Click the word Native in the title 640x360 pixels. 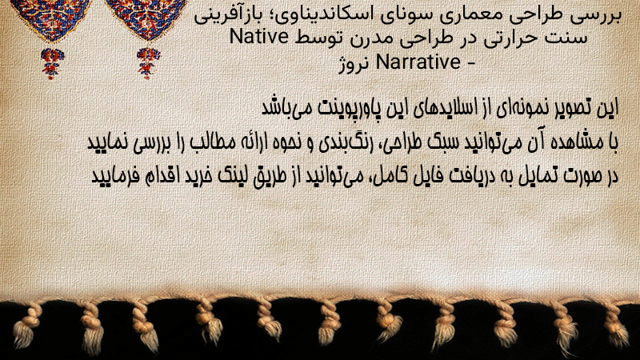click(259, 36)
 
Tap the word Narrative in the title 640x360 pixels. click(418, 62)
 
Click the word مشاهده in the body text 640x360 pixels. click(572, 142)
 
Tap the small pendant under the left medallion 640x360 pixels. click(52, 63)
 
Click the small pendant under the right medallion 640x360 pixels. click(148, 62)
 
